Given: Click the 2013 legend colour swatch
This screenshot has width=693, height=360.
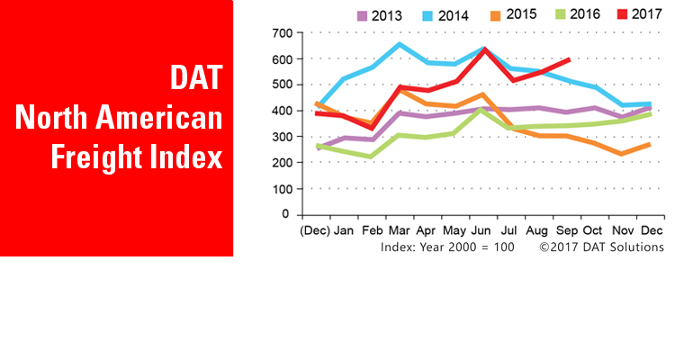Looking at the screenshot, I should click(x=362, y=15).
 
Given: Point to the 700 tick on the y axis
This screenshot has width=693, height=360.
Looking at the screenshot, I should click(x=281, y=33).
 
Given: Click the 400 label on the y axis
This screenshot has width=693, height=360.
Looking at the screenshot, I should click(x=281, y=111).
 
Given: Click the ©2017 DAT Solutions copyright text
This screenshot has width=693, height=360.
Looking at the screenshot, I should click(x=601, y=247).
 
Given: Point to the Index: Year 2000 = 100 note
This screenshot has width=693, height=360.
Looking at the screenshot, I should click(x=446, y=247).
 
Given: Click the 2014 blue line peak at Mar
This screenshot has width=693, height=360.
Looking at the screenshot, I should click(x=399, y=43).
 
